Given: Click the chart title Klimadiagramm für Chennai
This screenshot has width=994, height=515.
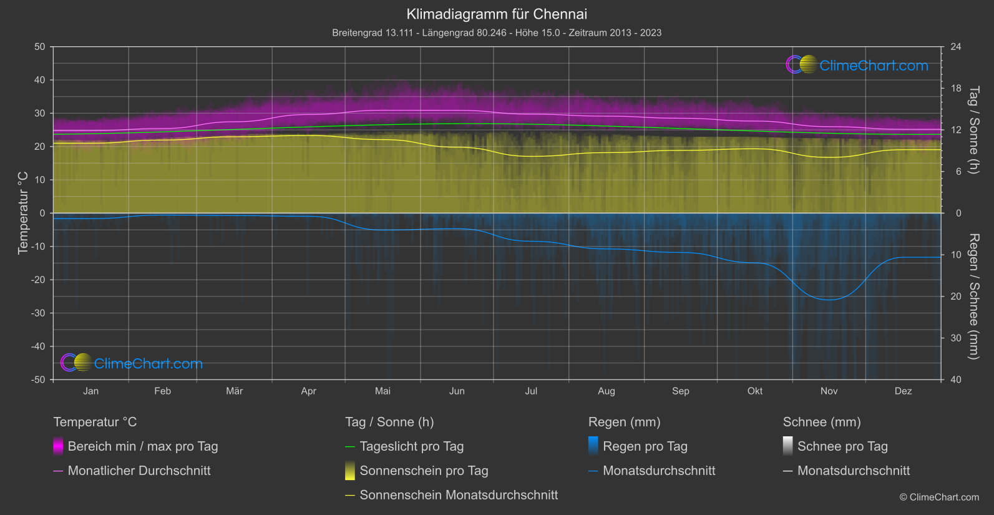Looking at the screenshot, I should [497, 14].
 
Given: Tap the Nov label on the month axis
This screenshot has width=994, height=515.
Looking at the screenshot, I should [829, 391].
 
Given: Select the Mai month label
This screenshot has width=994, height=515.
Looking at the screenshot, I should [382, 391].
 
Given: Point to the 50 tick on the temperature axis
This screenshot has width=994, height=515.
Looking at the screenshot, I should [40, 47].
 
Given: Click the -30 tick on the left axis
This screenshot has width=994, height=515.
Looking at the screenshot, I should [39, 313].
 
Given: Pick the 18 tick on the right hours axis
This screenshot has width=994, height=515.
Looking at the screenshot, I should [955, 89].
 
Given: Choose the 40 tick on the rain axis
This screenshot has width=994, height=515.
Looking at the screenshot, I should [955, 380].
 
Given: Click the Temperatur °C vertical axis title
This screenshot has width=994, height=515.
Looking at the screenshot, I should [23, 213].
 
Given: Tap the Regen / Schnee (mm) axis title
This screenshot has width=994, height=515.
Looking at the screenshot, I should [973, 297].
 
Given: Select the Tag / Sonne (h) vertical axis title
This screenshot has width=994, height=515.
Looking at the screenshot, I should [973, 130].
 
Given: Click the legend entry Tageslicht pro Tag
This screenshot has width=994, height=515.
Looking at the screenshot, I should [412, 446].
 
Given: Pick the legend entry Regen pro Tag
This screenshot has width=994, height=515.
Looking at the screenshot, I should [645, 446].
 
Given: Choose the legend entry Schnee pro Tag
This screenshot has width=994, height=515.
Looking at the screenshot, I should [842, 446].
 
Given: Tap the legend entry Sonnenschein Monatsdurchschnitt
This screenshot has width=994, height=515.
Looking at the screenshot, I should [459, 495].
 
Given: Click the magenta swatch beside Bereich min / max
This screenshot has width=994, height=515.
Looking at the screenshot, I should [58, 446].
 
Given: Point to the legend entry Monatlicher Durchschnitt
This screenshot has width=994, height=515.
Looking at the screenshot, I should [139, 471].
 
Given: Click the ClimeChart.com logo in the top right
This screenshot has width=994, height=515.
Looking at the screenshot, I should [857, 65].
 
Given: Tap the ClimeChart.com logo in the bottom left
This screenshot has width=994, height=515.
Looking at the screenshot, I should [132, 363].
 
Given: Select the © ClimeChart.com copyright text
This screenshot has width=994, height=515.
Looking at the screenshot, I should [939, 498].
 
